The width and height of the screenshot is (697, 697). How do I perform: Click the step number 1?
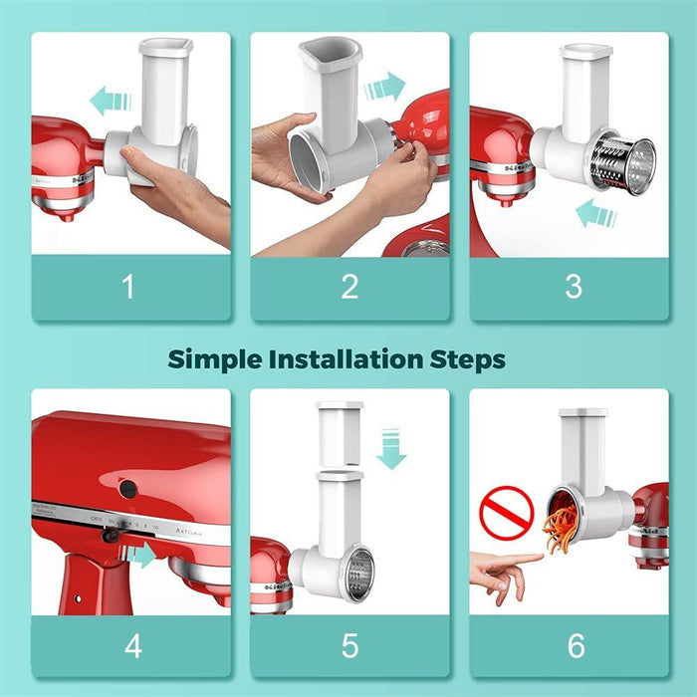pyautogui.click(x=127, y=288)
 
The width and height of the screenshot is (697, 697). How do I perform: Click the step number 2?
pyautogui.click(x=349, y=288)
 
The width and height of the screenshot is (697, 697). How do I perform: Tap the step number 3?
pyautogui.click(x=574, y=288)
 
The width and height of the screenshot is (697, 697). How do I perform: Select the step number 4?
pyautogui.click(x=132, y=646)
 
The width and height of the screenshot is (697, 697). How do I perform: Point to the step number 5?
pyautogui.click(x=349, y=646)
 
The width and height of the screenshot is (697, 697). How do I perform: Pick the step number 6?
pyautogui.click(x=576, y=646)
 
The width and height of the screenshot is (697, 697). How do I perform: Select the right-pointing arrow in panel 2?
pyautogui.click(x=385, y=87)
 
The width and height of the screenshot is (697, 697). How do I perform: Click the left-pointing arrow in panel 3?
pyautogui.click(x=597, y=213)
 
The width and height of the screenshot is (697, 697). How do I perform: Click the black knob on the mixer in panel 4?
pyautogui.click(x=127, y=488)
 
